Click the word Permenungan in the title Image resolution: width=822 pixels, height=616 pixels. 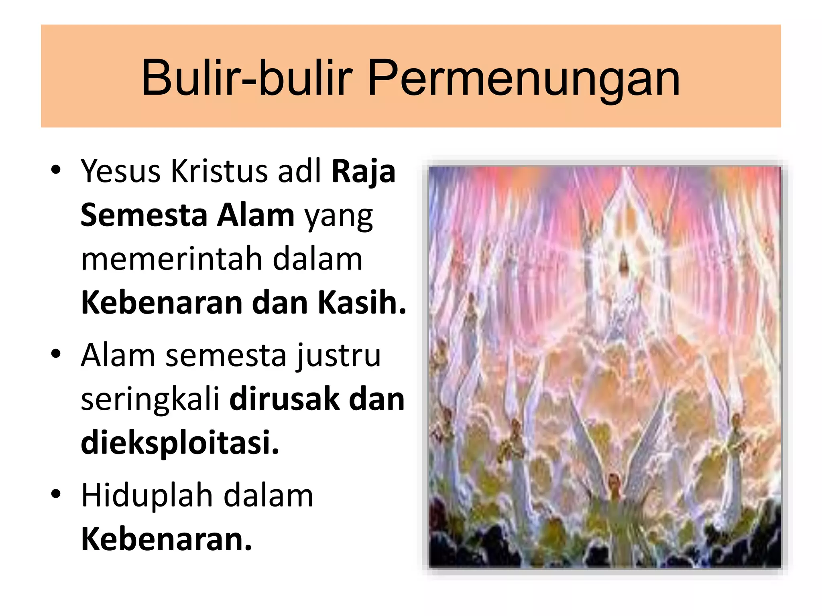(523, 79)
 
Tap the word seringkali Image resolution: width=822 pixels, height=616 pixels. (150, 400)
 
